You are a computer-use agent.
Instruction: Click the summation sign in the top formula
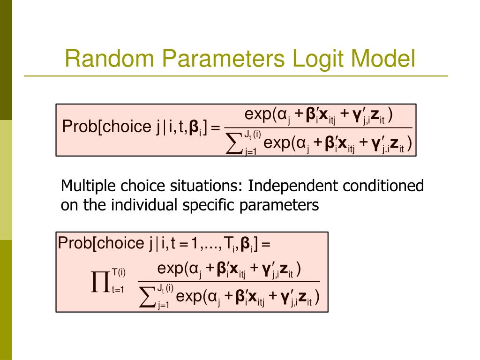(x=233, y=144)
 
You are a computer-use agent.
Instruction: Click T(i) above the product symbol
(x=119, y=272)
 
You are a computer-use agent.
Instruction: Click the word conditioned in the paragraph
(x=383, y=187)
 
